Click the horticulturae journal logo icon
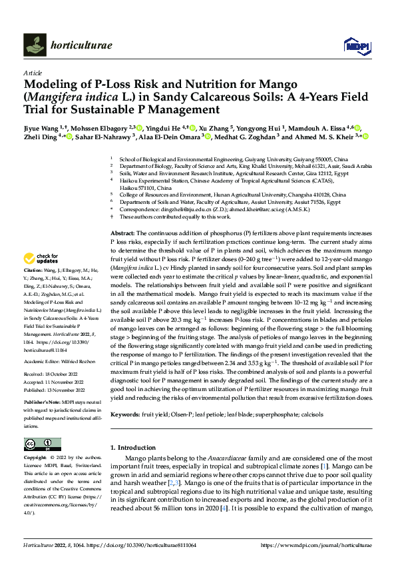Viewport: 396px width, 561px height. (33, 45)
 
